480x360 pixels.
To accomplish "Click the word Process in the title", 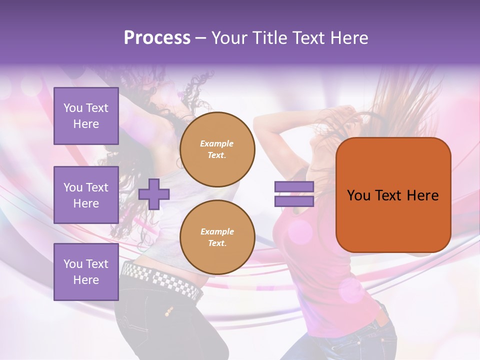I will (x=157, y=37).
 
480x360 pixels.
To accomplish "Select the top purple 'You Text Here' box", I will (x=86, y=116).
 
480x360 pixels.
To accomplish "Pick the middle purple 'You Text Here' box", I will (x=86, y=195).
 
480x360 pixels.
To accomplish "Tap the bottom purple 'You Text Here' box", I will (x=86, y=272).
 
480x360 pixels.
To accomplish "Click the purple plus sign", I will (x=154, y=194).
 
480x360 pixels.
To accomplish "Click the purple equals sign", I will (x=294, y=194).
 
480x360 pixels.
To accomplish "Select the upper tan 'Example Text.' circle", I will (x=217, y=149).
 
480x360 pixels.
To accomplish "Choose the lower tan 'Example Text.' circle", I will (x=217, y=237).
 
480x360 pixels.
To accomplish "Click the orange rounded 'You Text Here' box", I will (x=393, y=195).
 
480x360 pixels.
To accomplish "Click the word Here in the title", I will (x=351, y=37).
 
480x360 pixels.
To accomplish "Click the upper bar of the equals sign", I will (x=294, y=186).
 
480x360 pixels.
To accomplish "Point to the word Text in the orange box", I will (x=389, y=195).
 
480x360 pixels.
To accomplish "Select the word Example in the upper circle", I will (x=216, y=143).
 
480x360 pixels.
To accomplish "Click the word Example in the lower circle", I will (x=216, y=231).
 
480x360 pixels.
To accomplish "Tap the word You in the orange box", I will (x=358, y=195).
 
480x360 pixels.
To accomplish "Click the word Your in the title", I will (x=229, y=37).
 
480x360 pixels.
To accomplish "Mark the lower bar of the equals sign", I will (x=294, y=201).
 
